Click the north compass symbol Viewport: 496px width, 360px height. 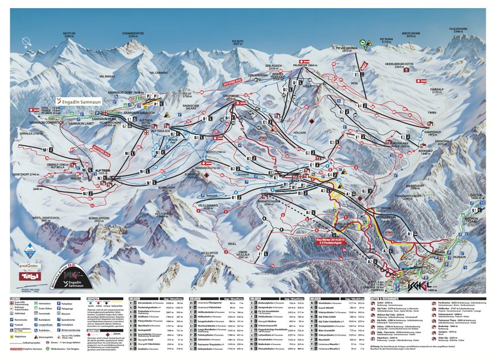click(26, 42)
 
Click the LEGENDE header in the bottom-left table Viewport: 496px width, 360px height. click(16, 298)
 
